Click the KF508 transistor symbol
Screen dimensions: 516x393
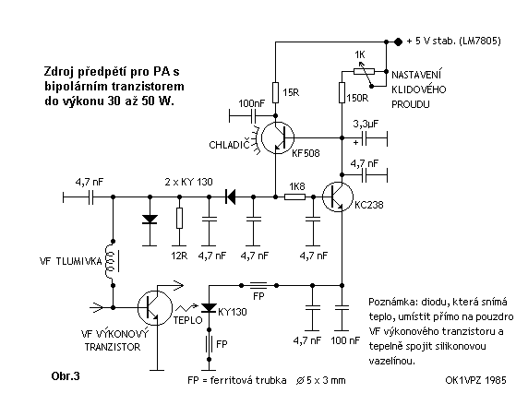278,137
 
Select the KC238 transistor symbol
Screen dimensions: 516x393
338,197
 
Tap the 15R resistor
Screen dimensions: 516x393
275,92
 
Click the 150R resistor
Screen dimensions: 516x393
342,92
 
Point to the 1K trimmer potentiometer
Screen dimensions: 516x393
364,71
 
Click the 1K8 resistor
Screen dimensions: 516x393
294,197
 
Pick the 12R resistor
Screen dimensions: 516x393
179,218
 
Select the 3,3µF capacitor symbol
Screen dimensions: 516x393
364,137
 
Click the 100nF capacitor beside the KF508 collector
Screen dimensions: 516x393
253,115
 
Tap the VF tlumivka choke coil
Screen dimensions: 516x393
111,262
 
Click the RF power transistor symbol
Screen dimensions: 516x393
155,308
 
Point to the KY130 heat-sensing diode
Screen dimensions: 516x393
209,308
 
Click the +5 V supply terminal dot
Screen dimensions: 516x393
398,42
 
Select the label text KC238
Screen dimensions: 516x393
369,205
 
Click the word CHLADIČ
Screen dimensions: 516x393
230,144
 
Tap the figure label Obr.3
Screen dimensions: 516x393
66,375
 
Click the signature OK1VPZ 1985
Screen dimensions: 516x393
475,380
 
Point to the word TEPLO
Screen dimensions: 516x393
187,320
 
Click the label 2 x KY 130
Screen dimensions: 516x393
188,182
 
